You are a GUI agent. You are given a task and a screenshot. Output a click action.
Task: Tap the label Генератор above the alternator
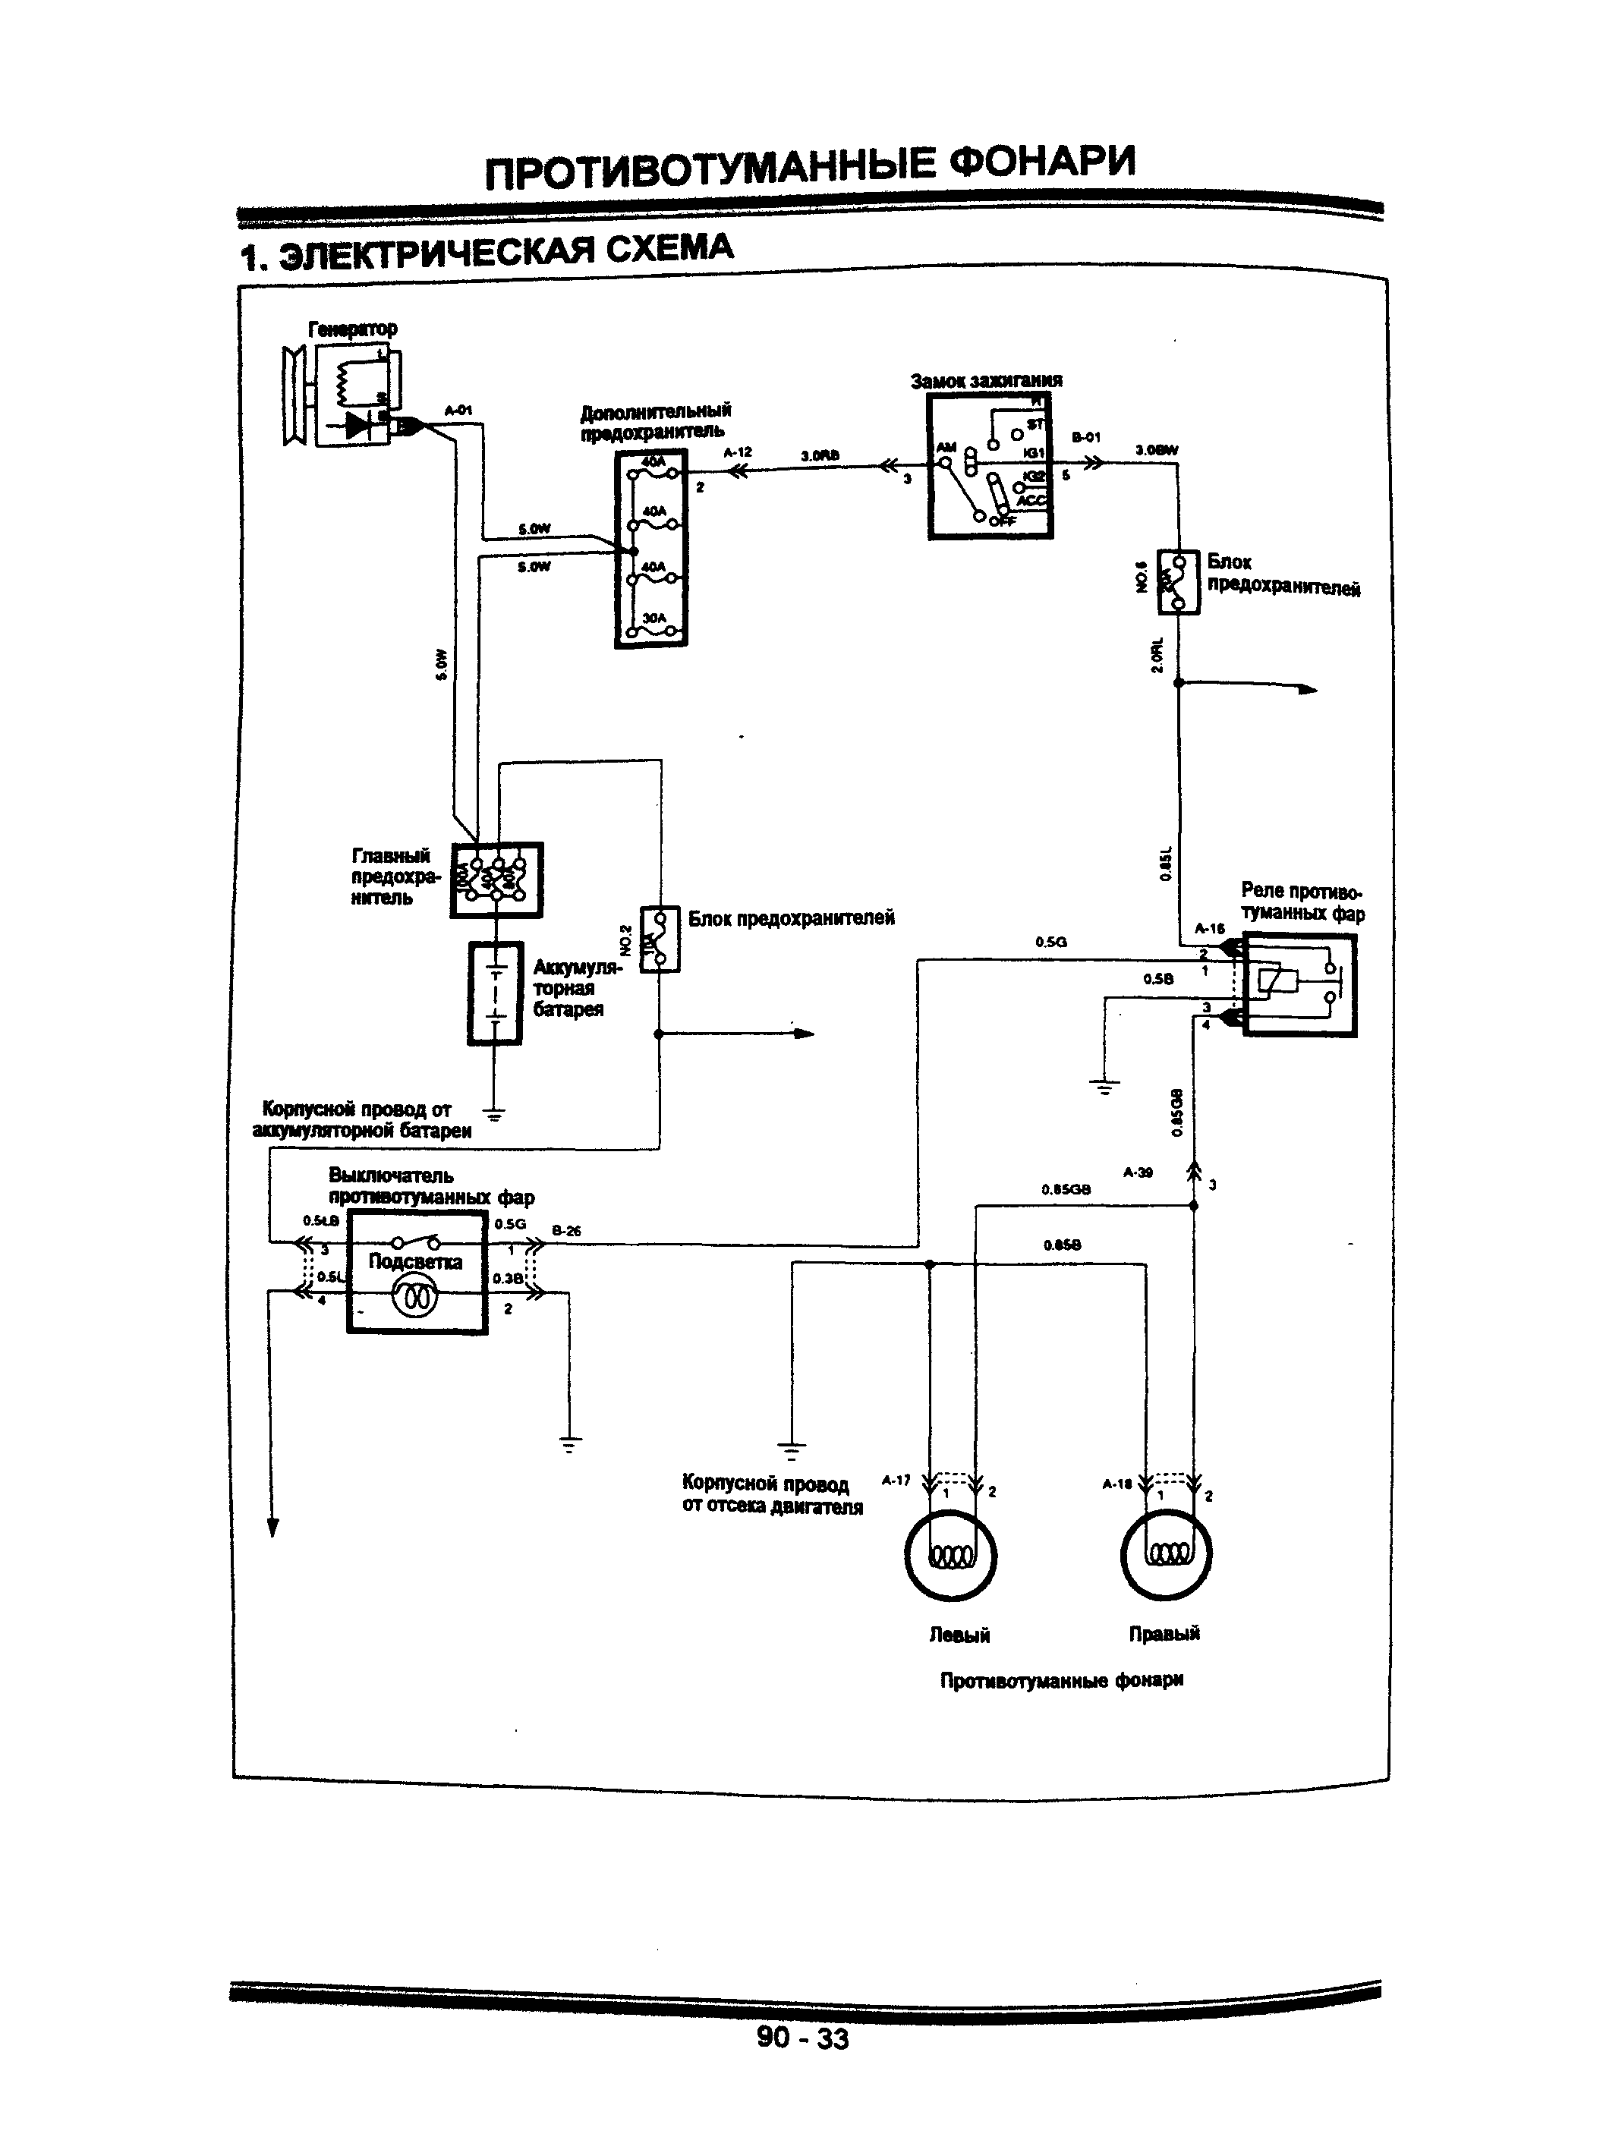click(351, 329)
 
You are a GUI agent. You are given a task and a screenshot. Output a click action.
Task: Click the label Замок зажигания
click(986, 381)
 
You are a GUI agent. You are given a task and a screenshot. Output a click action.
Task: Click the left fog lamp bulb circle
click(951, 1554)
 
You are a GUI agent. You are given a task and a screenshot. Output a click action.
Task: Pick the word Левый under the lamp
click(959, 1635)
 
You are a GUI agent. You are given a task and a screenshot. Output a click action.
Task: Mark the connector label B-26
click(566, 1231)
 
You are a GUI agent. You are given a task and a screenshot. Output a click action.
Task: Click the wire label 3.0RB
click(820, 456)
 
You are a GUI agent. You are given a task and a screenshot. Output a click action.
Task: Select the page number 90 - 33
click(802, 2038)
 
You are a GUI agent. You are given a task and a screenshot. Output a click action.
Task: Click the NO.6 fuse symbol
click(1179, 581)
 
